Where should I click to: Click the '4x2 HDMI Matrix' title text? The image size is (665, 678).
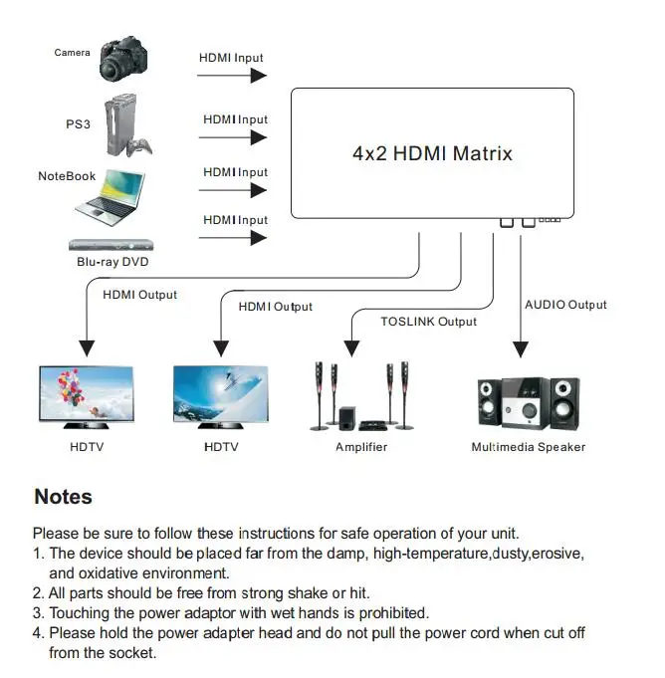(x=432, y=153)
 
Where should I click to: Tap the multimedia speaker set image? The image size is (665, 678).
(x=527, y=403)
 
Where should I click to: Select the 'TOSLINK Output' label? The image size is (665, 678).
(x=428, y=322)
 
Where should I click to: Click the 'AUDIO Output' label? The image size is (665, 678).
(x=565, y=305)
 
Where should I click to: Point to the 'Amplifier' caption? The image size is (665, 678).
(x=361, y=447)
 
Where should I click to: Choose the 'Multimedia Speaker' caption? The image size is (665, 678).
(x=528, y=447)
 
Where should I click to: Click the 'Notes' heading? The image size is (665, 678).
(x=63, y=497)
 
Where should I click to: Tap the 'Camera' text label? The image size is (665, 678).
(x=72, y=53)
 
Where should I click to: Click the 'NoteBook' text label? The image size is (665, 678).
(x=67, y=176)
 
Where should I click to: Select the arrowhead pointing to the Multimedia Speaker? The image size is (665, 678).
(x=519, y=347)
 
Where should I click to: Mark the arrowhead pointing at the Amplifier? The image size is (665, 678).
(x=349, y=347)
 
